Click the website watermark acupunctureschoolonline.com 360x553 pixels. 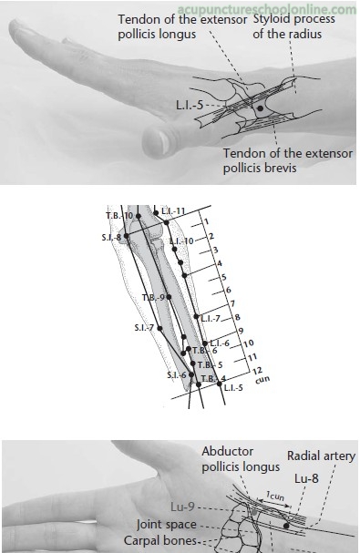click(267, 9)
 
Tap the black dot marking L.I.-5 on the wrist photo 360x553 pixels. click(260, 108)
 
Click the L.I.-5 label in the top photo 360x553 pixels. click(190, 105)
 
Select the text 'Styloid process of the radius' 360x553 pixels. click(293, 26)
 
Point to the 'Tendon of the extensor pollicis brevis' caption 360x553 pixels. click(288, 160)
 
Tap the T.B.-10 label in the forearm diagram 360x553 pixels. click(119, 215)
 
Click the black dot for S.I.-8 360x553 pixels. click(127, 236)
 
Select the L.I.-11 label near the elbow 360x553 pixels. click(173, 211)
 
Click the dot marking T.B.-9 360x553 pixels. click(169, 297)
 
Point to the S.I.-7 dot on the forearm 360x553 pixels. click(159, 328)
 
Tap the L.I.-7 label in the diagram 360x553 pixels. click(211, 319)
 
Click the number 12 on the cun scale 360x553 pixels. click(257, 371)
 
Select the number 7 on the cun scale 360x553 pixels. click(232, 303)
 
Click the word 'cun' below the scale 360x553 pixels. click(262, 380)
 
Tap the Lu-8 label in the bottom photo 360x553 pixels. click(306, 478)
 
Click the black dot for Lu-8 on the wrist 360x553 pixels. click(286, 526)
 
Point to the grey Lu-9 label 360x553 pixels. click(182, 507)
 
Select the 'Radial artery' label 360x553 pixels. click(321, 456)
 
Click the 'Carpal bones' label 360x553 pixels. click(160, 540)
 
